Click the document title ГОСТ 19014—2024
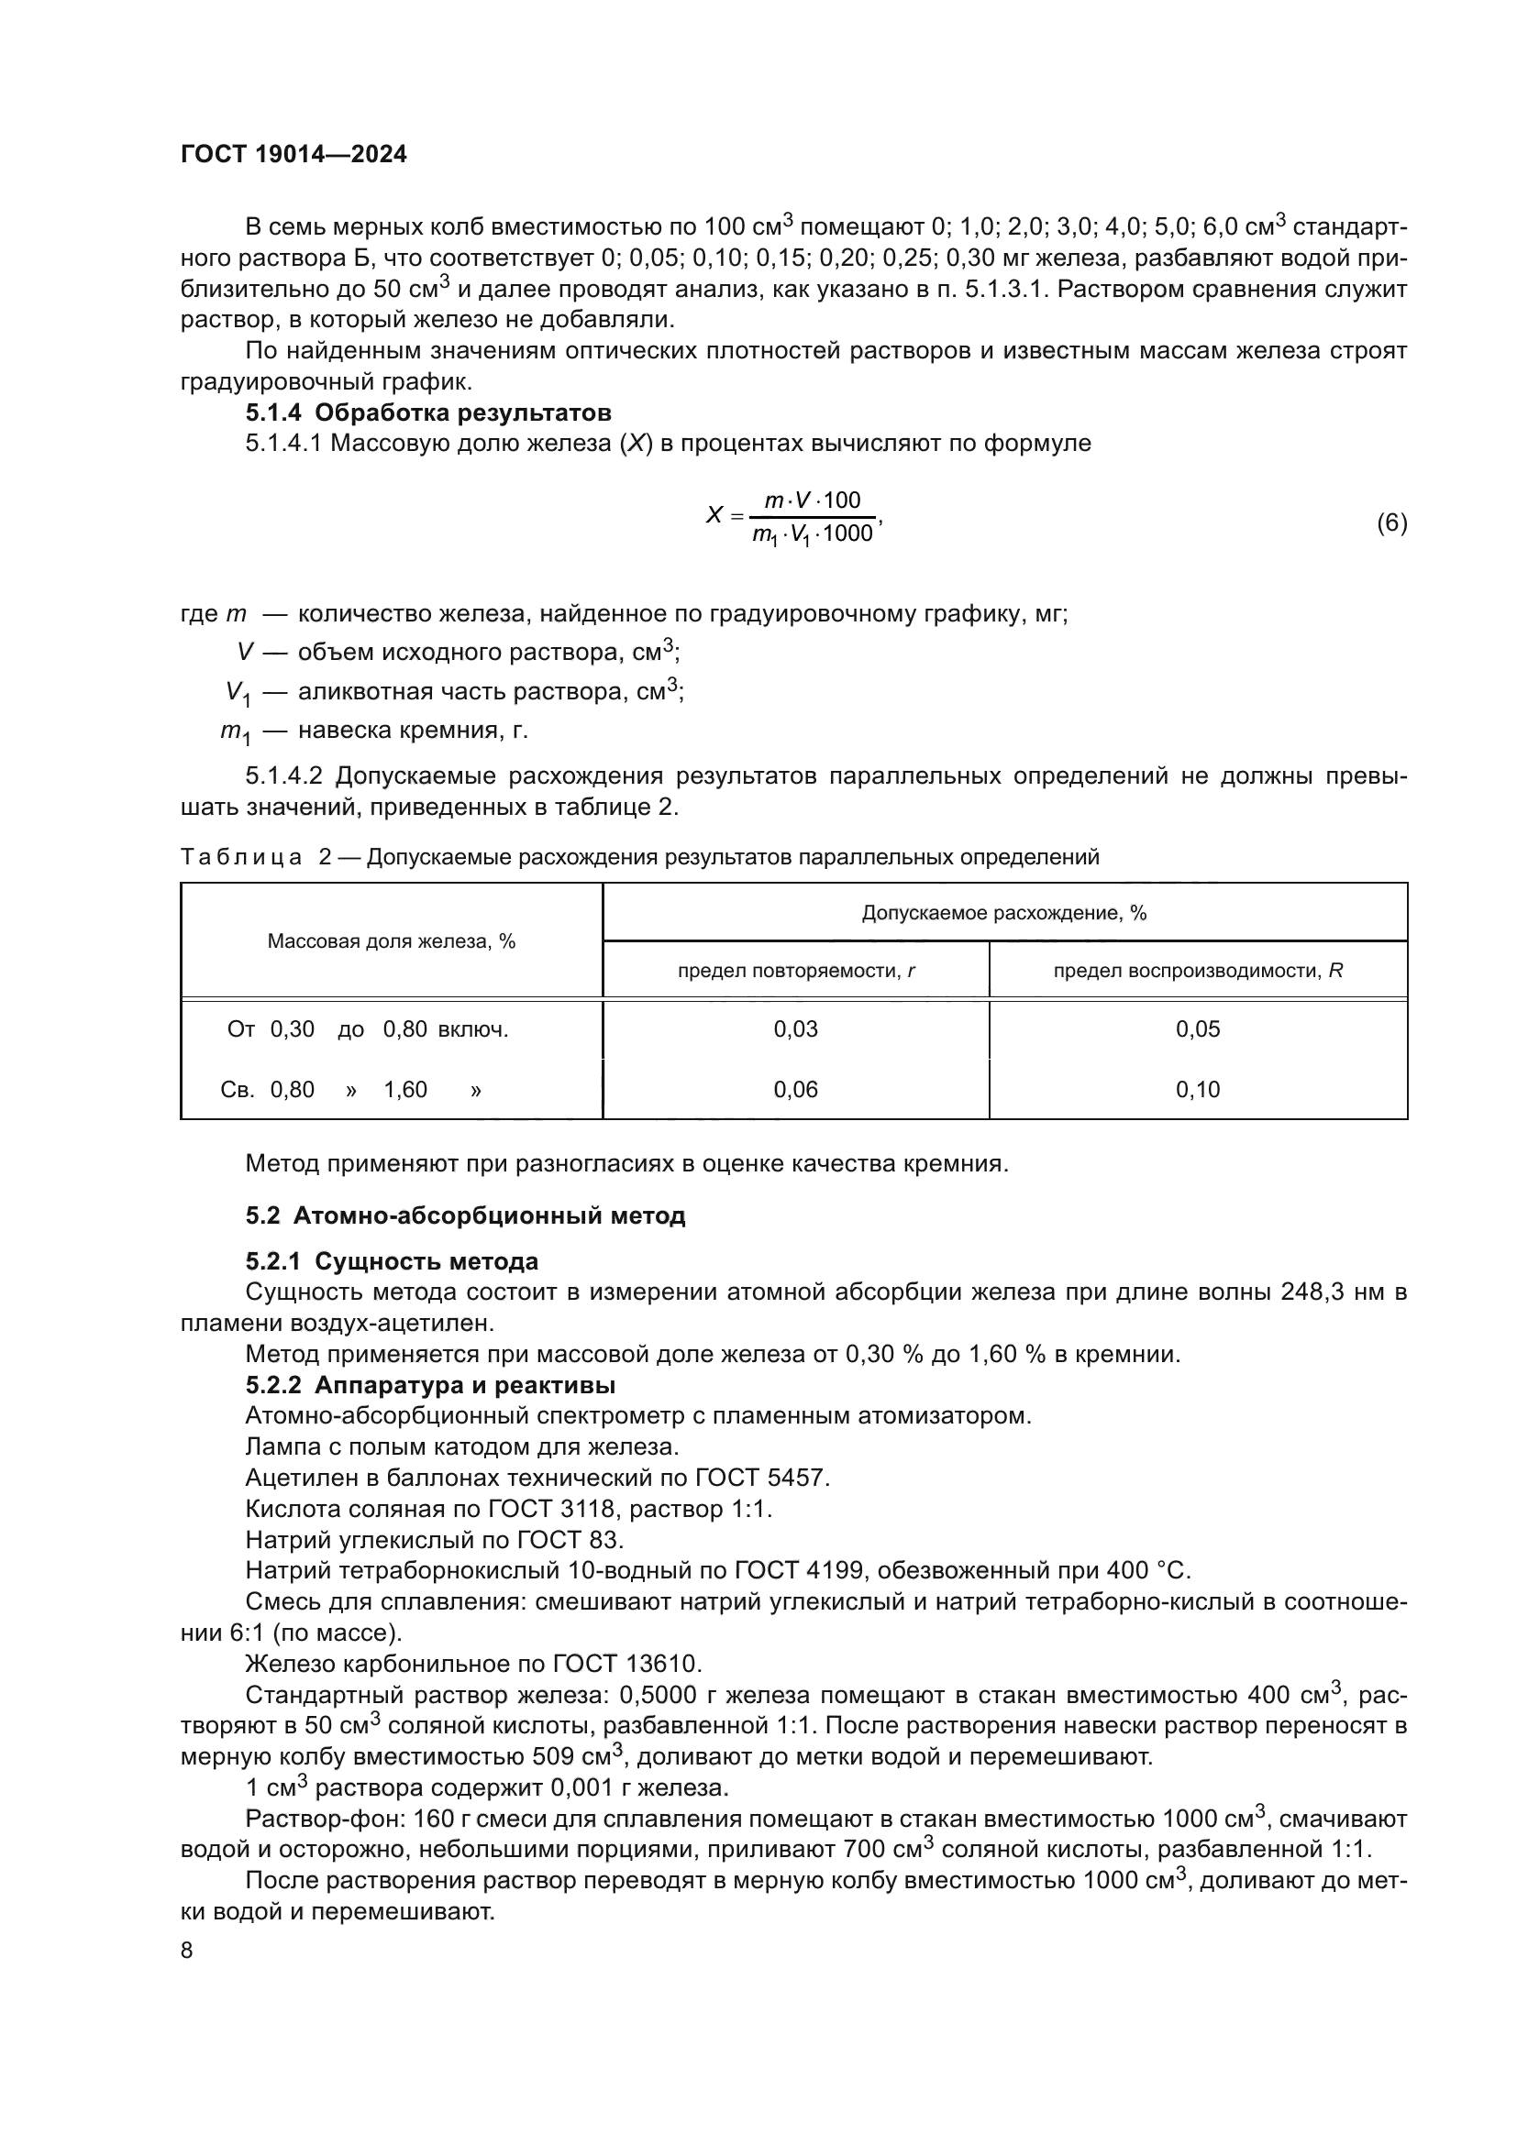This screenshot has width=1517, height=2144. [293, 155]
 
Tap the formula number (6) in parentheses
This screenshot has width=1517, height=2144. [1391, 522]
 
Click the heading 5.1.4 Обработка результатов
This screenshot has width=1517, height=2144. [427, 412]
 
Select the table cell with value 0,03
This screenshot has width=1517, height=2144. [795, 1029]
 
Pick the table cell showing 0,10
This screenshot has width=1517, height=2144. [1197, 1089]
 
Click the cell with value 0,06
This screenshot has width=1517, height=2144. [795, 1089]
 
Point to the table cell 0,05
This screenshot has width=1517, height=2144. [1197, 1029]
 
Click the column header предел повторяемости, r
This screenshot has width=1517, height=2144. [795, 971]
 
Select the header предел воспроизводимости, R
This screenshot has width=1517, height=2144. [1197, 971]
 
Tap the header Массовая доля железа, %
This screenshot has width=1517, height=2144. [392, 941]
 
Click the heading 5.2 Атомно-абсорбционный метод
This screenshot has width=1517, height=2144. [465, 1215]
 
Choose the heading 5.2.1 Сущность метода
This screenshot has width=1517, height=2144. [392, 1261]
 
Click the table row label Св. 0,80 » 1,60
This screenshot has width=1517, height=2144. [351, 1090]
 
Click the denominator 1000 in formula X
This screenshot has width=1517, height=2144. [847, 534]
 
